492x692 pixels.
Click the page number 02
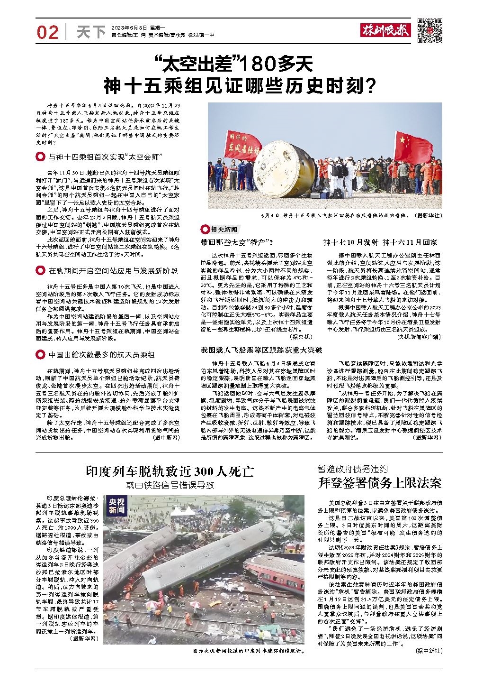tap(47, 32)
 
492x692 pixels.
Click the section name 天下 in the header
tap(90, 32)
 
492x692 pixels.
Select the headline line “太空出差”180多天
tap(234, 63)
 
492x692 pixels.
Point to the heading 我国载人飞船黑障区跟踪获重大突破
tap(261, 350)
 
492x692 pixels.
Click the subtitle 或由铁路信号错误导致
tap(170, 485)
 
